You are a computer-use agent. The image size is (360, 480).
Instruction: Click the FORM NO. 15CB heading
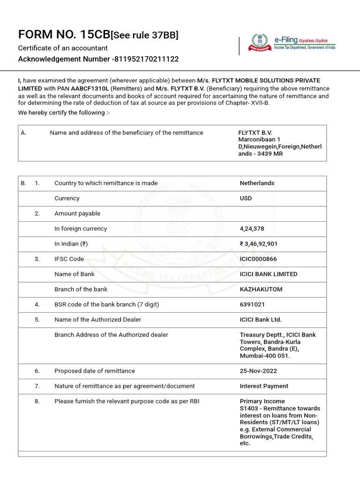click(64, 35)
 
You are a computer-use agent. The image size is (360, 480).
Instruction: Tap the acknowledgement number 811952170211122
click(146, 59)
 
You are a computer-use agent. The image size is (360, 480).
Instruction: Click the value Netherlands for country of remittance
click(257, 183)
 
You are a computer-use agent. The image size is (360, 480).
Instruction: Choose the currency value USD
click(246, 198)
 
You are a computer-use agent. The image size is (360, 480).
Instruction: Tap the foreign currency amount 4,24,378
click(252, 229)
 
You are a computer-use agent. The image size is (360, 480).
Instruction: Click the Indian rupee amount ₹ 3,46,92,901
click(259, 244)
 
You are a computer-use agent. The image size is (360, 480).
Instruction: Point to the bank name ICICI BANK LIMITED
click(268, 274)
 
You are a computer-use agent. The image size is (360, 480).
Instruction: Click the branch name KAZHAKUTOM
click(261, 289)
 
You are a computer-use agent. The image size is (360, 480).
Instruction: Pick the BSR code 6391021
click(252, 304)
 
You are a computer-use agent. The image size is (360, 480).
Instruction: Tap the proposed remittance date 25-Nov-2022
click(258, 371)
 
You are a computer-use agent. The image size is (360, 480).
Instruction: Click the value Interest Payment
click(264, 386)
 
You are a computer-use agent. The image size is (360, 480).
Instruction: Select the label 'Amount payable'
click(77, 213)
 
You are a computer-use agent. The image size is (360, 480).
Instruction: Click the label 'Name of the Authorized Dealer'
click(97, 320)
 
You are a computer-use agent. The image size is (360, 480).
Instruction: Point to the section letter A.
click(23, 133)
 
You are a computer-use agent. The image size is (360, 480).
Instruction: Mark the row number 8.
click(37, 401)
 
